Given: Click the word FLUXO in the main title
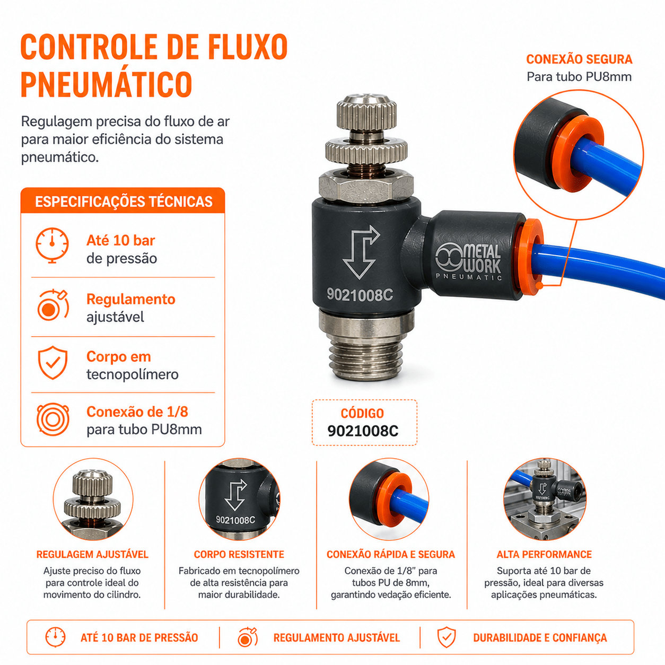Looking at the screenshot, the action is click(248, 47).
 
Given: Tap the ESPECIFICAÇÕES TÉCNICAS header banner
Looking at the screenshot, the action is click(123, 201).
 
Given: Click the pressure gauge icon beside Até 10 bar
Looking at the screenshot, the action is click(52, 245).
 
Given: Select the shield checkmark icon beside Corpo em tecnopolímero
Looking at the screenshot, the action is click(52, 362).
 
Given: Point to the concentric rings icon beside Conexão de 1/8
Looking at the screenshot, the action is click(53, 419).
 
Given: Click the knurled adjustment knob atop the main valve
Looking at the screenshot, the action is click(367, 111).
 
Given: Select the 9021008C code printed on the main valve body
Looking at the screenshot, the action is click(360, 295).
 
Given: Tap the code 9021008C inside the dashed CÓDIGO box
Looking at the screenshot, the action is click(363, 431).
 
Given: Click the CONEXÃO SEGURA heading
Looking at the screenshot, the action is click(579, 59).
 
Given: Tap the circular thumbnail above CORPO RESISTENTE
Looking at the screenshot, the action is click(239, 499).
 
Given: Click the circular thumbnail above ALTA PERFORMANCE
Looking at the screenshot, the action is click(545, 499).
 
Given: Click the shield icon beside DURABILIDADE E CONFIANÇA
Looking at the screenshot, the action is click(447, 637).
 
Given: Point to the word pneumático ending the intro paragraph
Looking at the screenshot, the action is click(60, 157).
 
